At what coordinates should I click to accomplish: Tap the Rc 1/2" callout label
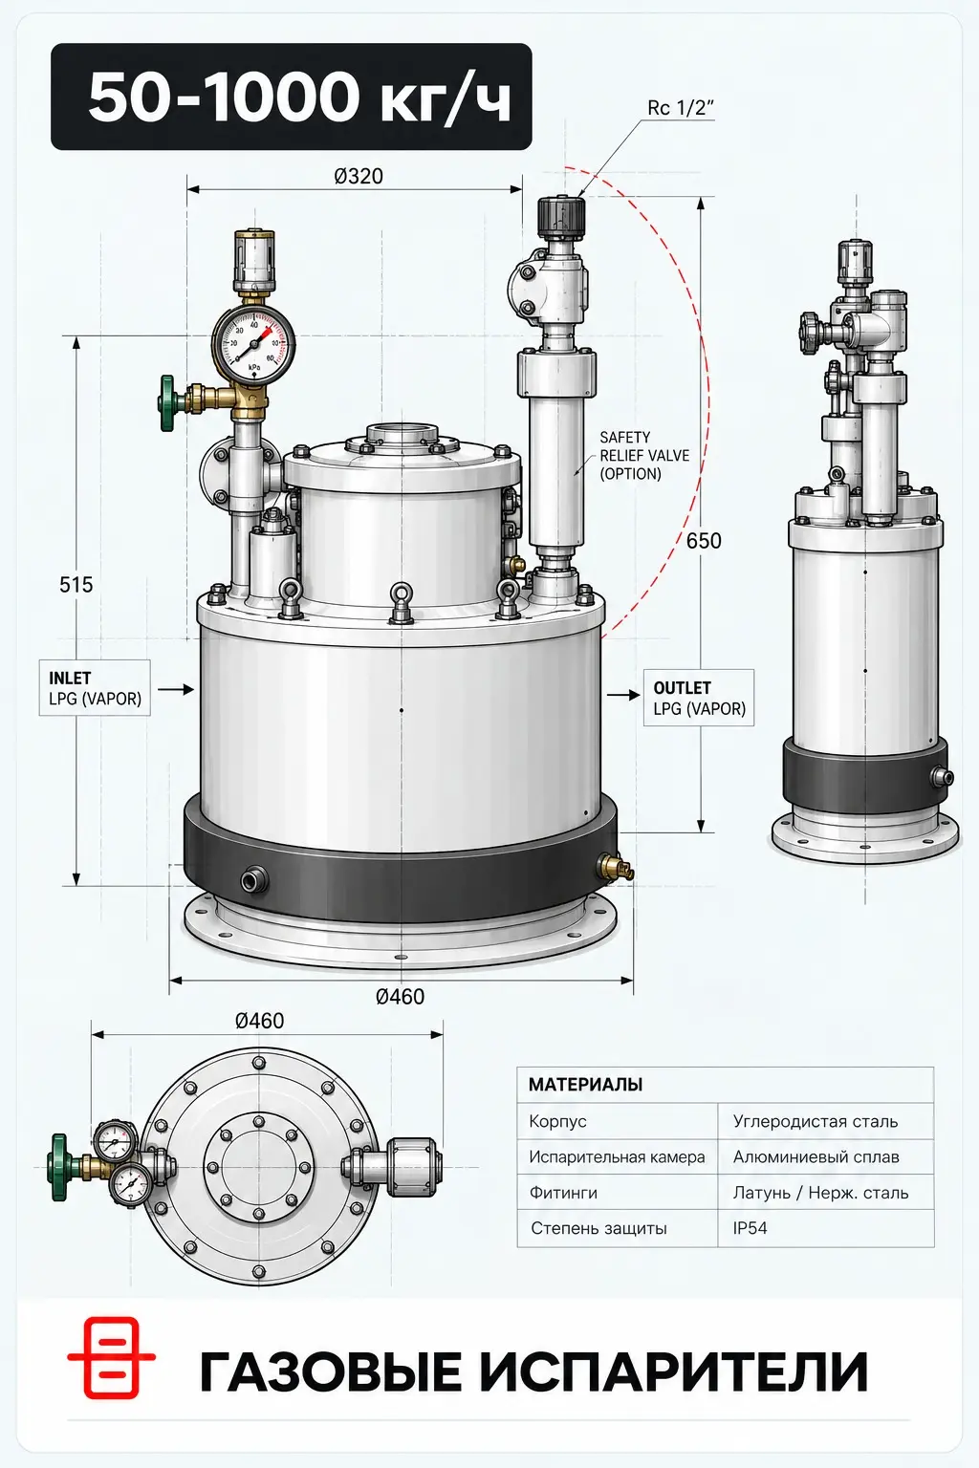point(680,108)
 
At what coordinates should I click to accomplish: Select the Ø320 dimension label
point(358,176)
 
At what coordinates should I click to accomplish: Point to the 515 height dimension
point(76,585)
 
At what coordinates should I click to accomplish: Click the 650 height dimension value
point(704,541)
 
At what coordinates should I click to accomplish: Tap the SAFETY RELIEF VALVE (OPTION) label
point(644,456)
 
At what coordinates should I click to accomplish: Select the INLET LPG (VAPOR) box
point(95,688)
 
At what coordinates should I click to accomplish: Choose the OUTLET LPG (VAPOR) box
point(699,698)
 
